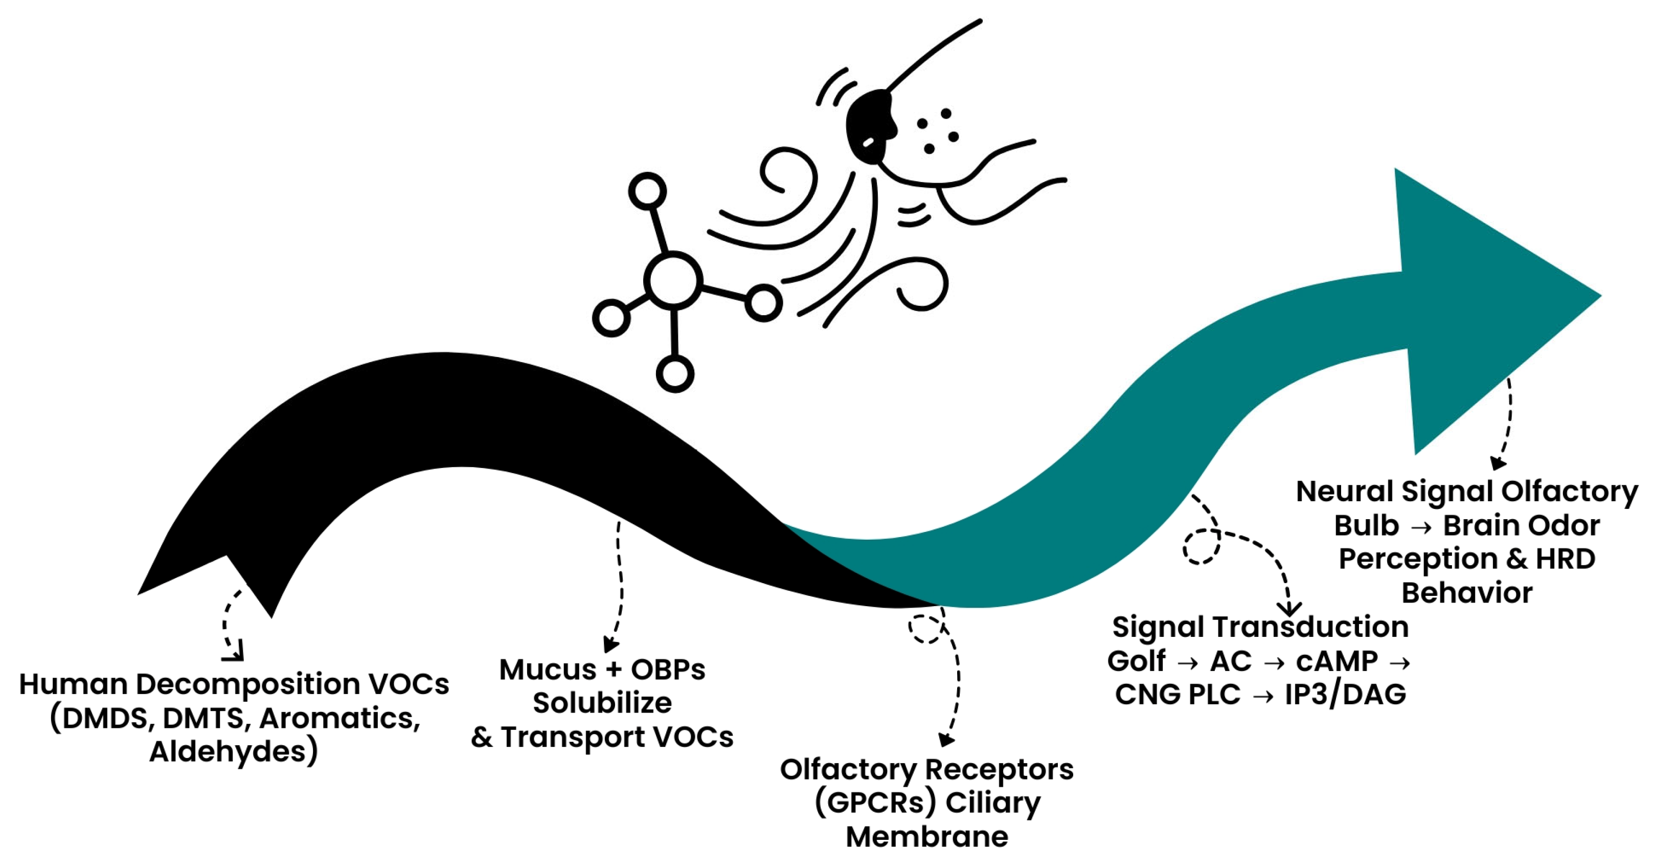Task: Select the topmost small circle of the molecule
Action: click(647, 191)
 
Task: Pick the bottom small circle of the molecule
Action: click(674, 373)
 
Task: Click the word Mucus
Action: click(548, 670)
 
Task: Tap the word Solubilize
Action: click(602, 703)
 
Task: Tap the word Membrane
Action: click(926, 837)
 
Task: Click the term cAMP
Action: click(1337, 661)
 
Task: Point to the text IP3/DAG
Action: click(1345, 695)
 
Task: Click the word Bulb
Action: click(1366, 526)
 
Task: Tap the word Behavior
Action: click(1467, 593)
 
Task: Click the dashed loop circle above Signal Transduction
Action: click(1201, 547)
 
